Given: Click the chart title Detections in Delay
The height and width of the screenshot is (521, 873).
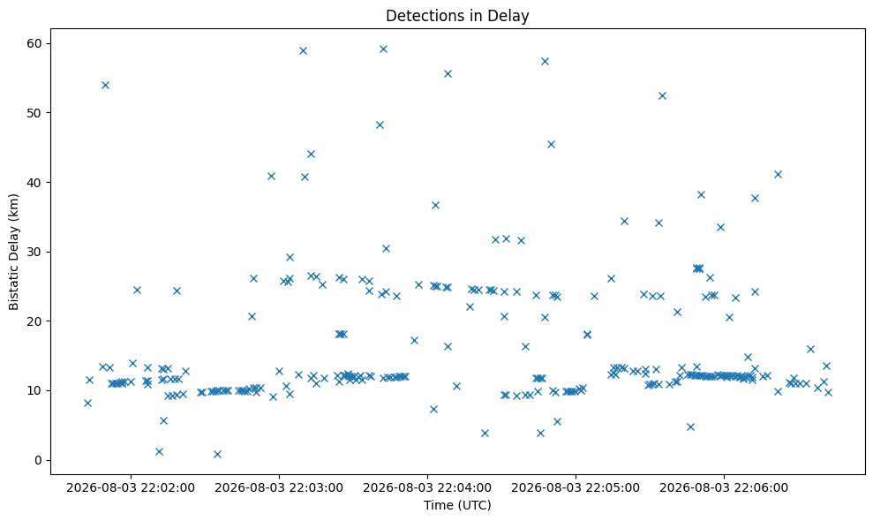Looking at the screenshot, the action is (457, 16).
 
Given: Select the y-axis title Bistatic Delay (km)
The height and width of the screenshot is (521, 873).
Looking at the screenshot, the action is (14, 252).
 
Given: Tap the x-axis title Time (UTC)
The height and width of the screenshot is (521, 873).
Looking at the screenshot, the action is (457, 505).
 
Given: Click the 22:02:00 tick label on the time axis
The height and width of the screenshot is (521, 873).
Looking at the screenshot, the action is (131, 488).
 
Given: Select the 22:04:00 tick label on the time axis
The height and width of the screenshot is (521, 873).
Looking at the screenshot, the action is (427, 488).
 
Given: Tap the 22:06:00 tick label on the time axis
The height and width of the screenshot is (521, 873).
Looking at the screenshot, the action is (724, 488).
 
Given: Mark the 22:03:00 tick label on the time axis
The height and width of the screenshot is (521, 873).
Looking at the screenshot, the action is (279, 488).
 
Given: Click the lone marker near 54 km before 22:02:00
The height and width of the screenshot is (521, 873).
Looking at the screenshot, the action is (105, 86).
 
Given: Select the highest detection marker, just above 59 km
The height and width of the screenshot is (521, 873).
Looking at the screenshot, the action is (383, 49).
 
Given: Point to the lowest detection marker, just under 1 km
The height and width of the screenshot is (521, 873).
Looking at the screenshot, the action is (217, 454).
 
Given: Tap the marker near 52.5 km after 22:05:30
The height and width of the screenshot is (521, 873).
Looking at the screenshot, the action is (662, 96).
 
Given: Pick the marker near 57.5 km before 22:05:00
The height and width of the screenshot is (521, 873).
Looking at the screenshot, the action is (545, 61).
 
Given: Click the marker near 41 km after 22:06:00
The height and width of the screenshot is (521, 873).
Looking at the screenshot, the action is (778, 175).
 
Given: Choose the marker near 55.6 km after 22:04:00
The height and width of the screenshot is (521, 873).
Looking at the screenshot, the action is (448, 73).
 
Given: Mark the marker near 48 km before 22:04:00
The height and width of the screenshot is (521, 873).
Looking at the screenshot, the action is (380, 125).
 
